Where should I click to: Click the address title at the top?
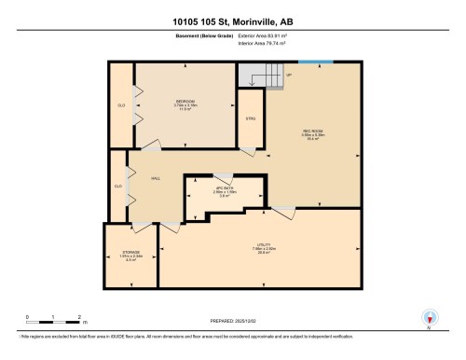pos(232,21)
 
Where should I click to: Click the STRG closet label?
pos(251,118)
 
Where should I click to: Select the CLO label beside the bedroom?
pos(121,105)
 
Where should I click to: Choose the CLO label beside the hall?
pos(118,187)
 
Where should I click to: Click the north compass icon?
pos(428,318)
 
